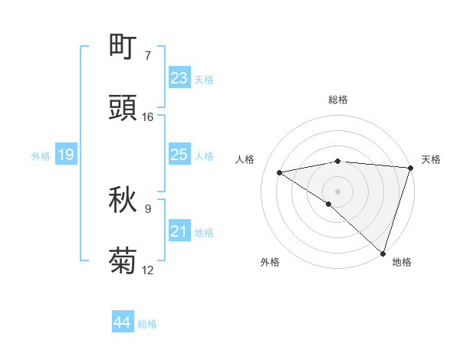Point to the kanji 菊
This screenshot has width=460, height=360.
click(123, 261)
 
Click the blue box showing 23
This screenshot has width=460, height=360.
click(179, 78)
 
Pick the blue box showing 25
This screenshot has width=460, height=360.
click(179, 155)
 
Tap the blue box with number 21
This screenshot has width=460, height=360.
click(179, 231)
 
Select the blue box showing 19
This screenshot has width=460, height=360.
click(66, 155)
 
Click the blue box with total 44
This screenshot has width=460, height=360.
click(123, 322)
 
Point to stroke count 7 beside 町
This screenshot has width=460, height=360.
click(148, 56)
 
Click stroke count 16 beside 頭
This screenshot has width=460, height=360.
click(148, 117)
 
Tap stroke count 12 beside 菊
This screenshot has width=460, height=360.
click(148, 270)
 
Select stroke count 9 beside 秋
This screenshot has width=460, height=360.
click(148, 209)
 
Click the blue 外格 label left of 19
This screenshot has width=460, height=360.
click(41, 156)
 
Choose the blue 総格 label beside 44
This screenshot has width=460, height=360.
click(147, 324)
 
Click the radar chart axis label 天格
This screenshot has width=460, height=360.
click(431, 159)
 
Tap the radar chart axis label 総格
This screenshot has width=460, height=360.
click(337, 100)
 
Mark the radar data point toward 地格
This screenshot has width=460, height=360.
click(383, 253)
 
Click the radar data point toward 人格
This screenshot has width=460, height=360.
click(280, 172)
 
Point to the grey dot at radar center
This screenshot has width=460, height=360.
click(337, 190)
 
